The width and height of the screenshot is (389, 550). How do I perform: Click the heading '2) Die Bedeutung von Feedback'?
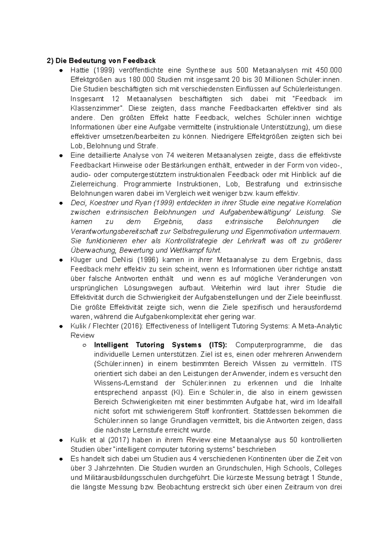pos(101,61)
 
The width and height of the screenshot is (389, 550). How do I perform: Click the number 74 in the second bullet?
pos(170,155)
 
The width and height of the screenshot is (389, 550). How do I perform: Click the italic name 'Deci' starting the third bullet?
pos(78,203)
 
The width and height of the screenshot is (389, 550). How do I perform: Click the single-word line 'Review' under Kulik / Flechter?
pos(82,336)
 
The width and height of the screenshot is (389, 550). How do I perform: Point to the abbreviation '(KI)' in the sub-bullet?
pos(177,392)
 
